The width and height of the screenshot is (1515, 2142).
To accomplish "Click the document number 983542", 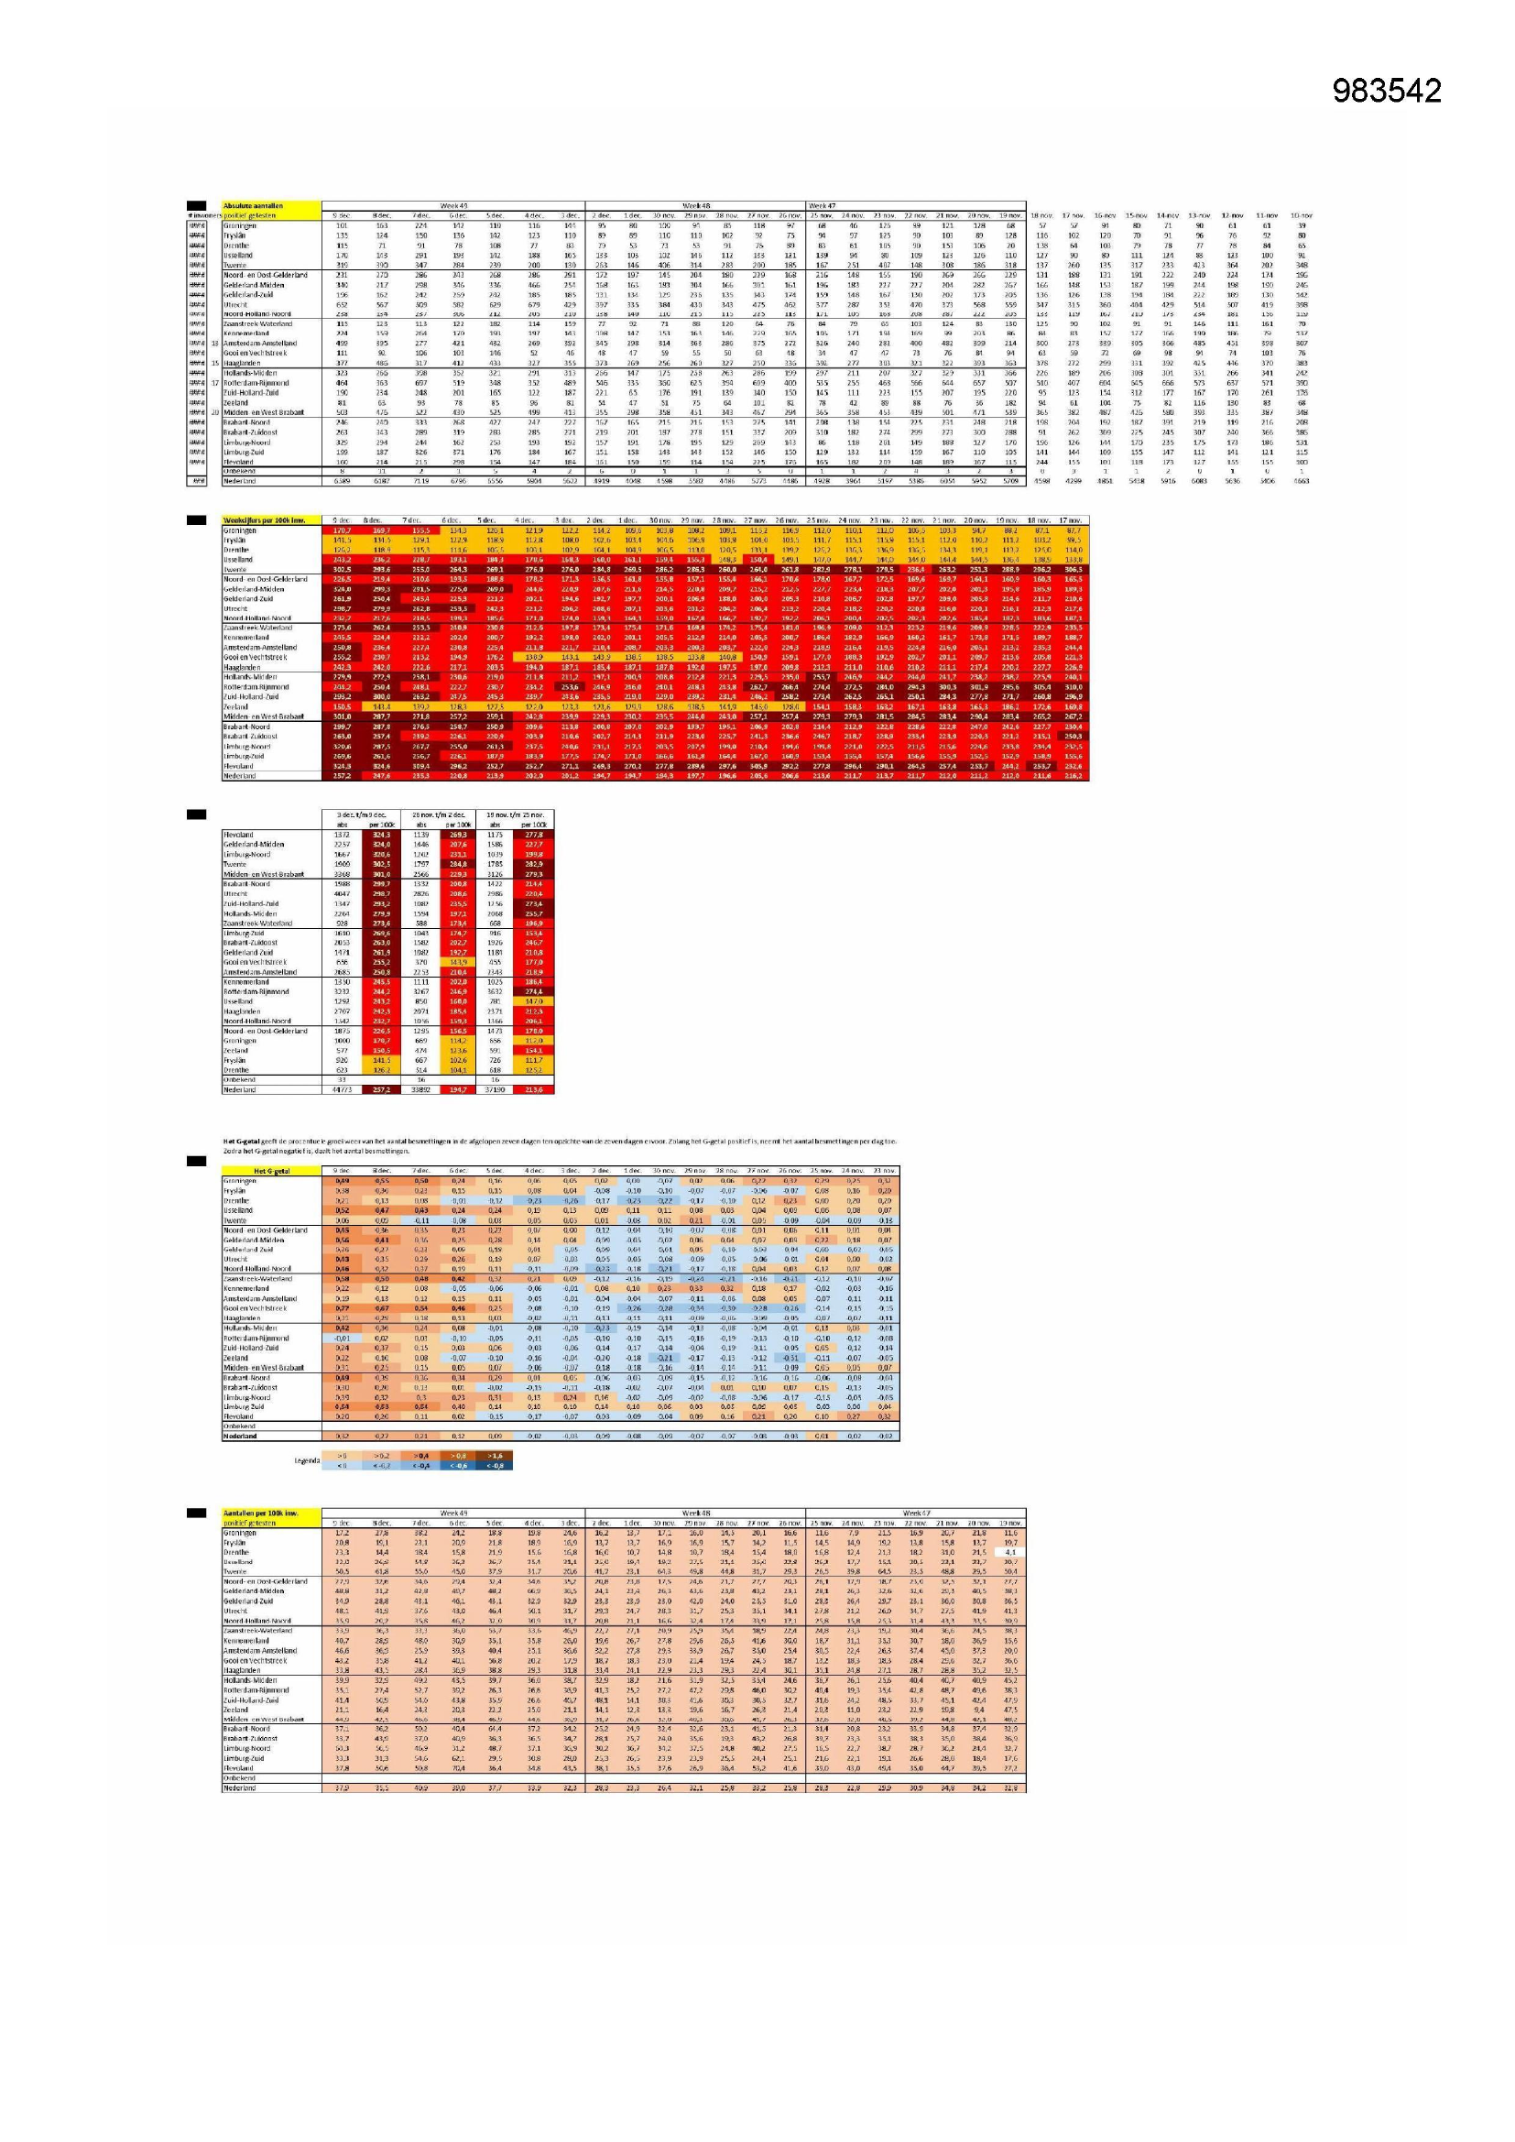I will click(x=1386, y=91).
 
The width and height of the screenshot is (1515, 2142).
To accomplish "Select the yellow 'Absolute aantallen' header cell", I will click(x=253, y=205).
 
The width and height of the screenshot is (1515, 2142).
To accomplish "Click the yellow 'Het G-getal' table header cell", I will click(x=271, y=1171).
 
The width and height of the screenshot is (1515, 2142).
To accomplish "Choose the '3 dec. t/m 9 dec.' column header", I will click(x=361, y=815).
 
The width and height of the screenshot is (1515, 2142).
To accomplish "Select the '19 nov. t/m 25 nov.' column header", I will click(x=514, y=815).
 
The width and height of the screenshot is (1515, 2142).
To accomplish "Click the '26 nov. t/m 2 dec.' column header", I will click(x=438, y=815).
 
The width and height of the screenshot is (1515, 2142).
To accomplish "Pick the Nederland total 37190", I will click(x=496, y=1088).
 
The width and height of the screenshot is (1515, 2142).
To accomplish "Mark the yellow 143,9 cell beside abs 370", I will click(x=457, y=962).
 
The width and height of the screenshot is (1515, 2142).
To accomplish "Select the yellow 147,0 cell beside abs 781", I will click(x=534, y=1001).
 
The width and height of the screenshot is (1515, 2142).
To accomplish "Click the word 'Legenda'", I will click(x=307, y=1461).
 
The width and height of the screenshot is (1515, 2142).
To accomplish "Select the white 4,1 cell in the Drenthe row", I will click(x=1010, y=1552).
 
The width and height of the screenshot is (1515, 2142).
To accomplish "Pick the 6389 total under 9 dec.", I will click(x=342, y=481).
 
